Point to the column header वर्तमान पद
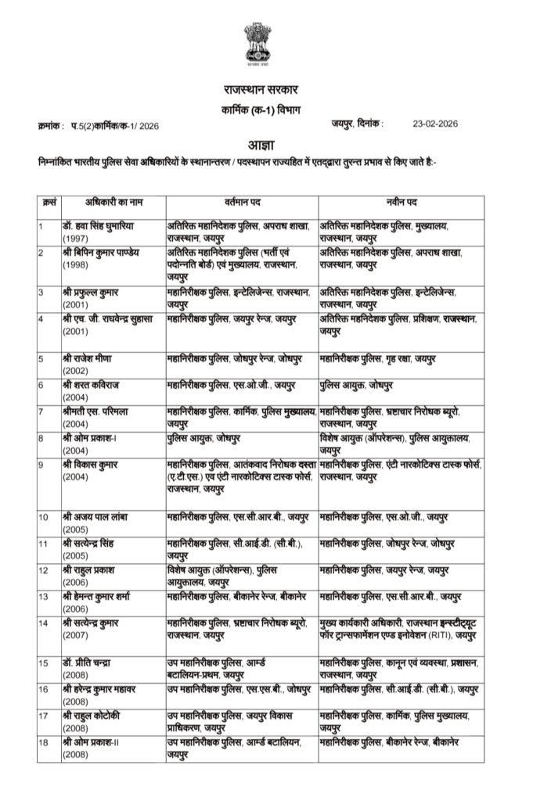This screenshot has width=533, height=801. tap(242, 203)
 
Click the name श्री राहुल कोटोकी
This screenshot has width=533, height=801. tap(98, 715)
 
